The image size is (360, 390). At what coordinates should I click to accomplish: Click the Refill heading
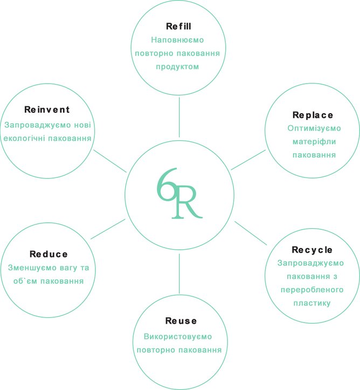[179, 26]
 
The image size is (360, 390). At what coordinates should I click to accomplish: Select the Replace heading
[313, 115]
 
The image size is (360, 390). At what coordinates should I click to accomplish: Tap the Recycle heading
[312, 250]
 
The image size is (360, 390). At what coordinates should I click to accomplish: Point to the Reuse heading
[179, 321]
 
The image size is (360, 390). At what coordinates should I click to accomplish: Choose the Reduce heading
[49, 254]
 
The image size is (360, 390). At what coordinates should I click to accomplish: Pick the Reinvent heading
[47, 110]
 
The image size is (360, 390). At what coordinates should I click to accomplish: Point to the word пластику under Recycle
[312, 303]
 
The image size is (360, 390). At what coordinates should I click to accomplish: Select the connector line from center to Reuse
[179, 272]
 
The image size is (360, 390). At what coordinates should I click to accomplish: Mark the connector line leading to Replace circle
[250, 160]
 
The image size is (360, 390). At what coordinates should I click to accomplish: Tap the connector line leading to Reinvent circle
[110, 161]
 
